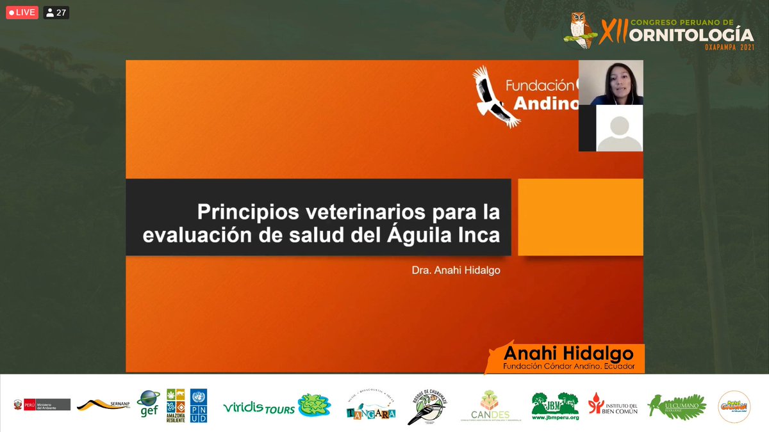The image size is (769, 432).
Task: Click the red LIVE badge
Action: (x=22, y=12)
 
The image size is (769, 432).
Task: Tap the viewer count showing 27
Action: (x=56, y=12)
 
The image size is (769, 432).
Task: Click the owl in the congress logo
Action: (x=581, y=30)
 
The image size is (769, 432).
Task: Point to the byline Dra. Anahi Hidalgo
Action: (x=456, y=271)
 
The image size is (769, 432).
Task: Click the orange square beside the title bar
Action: (x=580, y=217)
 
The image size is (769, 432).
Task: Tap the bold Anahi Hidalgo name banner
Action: (x=568, y=354)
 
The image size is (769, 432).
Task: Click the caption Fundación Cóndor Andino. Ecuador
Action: (x=568, y=367)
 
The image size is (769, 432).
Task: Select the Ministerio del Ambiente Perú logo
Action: (x=38, y=405)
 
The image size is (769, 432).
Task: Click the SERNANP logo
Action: (x=104, y=404)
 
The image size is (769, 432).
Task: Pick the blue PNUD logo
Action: (x=199, y=405)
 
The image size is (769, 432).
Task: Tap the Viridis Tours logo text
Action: (x=259, y=408)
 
